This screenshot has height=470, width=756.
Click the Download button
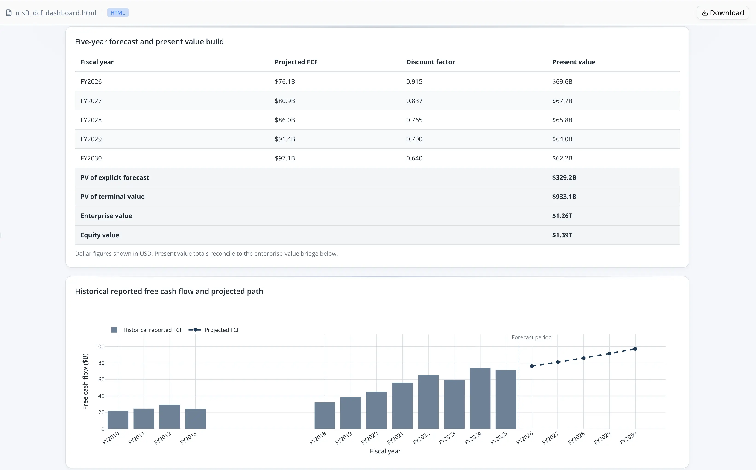722,13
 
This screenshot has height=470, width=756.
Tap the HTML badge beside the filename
118,13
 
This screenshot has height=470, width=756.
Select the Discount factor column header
431,62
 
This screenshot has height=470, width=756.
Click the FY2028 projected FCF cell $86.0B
285,120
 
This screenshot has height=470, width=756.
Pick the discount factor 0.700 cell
414,139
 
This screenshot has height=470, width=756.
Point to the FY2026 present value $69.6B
562,81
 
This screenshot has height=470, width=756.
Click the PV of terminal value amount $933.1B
564,197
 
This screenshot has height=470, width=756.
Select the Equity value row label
100,235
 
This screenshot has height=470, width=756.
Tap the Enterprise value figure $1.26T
562,216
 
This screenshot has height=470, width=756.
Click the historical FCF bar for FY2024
480,398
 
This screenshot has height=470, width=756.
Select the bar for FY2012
170,417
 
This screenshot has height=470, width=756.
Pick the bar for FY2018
325,415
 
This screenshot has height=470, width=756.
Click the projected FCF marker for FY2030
635,349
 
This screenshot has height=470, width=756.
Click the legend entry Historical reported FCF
147,330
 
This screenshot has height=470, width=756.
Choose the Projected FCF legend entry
214,330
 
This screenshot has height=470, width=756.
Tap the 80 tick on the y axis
101,363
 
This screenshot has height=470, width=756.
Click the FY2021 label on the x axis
395,438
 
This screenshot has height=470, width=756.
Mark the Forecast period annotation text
532,337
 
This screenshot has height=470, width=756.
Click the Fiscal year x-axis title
385,451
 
